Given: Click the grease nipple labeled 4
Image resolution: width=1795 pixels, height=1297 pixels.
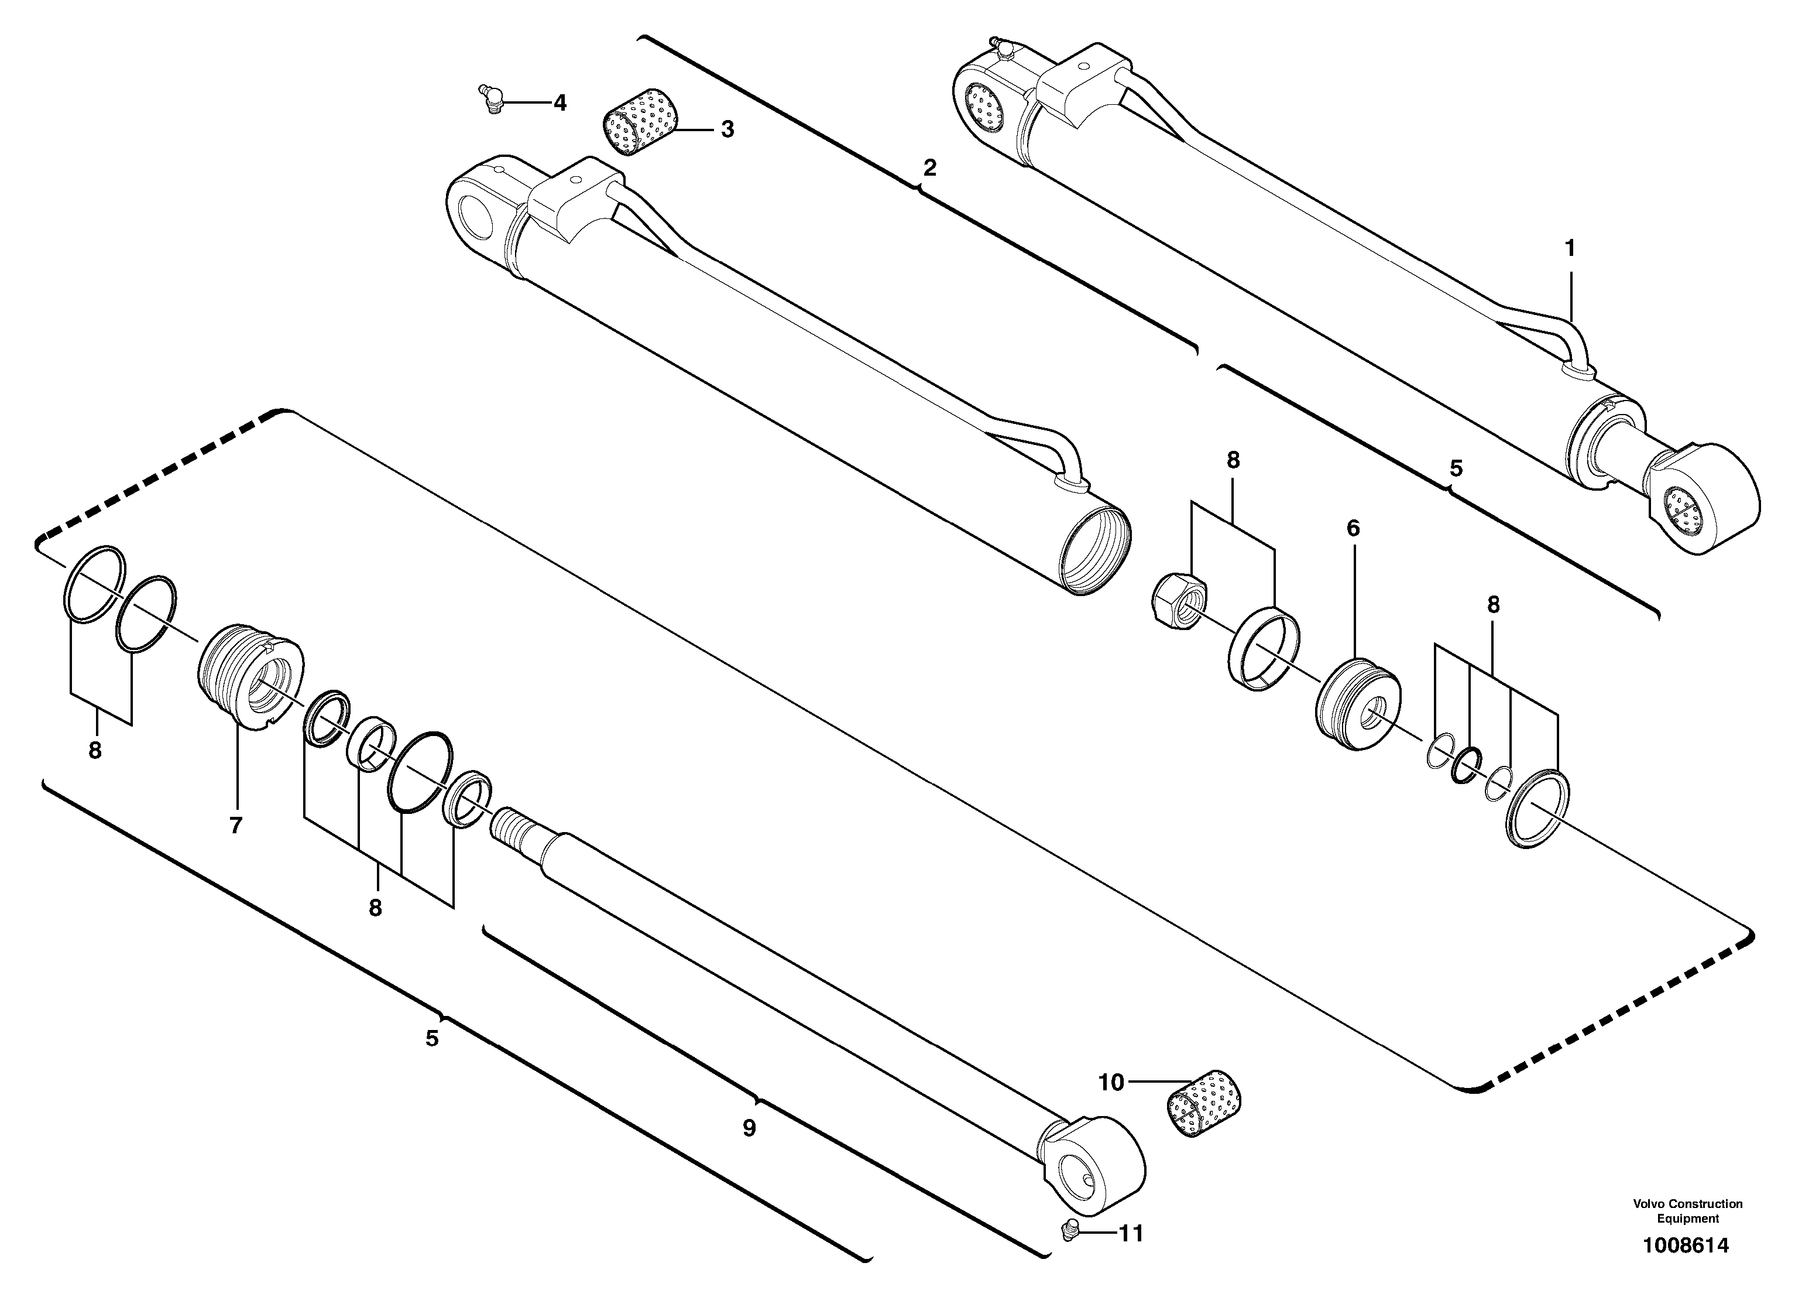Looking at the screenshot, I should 490,100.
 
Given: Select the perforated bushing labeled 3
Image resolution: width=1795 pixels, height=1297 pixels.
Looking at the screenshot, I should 641,123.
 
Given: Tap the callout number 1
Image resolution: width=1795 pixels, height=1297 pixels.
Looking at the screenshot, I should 1570,249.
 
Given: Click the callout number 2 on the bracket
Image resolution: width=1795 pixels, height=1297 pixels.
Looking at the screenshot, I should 929,168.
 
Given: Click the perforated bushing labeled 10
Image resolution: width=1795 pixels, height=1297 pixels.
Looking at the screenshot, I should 1203,1110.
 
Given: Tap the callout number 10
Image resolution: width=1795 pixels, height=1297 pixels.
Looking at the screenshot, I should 1111,1083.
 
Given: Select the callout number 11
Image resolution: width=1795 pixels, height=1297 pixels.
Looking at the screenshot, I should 1131,1234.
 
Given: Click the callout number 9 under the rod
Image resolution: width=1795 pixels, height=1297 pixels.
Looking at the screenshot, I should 749,1128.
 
